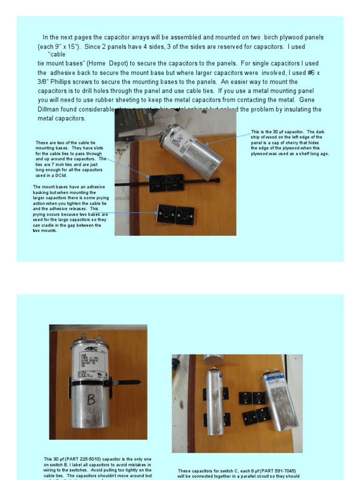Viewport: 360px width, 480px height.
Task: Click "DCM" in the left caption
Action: click(62, 176)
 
